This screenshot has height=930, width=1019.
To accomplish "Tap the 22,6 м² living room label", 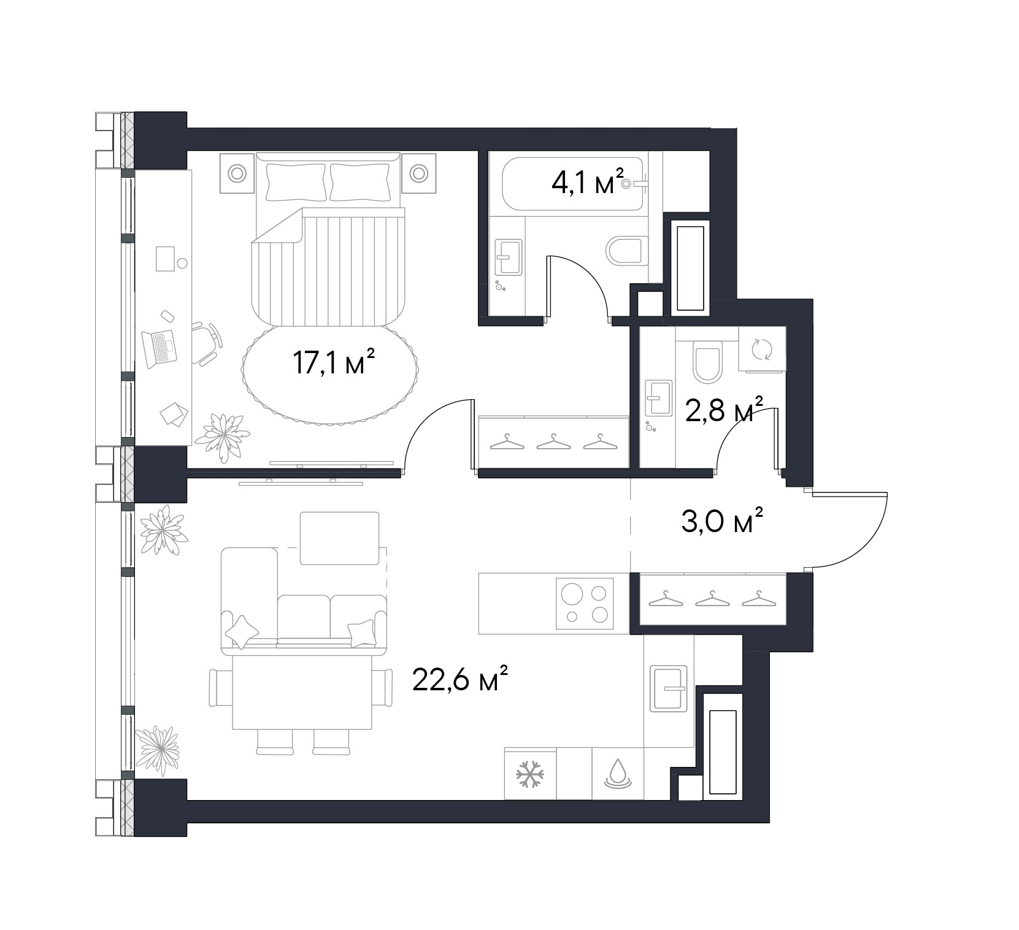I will (x=460, y=681).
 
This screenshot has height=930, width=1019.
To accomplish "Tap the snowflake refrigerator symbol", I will (x=529, y=774).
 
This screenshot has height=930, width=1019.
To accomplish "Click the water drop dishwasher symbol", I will (x=617, y=774).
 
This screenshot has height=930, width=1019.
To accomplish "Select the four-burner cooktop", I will (x=585, y=604).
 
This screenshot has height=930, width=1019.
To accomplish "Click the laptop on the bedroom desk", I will (x=159, y=348).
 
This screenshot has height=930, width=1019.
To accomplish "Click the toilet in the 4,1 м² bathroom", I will (x=626, y=251).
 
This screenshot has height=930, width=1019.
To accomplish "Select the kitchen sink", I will (x=669, y=688).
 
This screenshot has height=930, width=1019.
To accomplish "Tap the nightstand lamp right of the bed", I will (x=419, y=173).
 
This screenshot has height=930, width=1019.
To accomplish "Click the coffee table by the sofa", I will (x=339, y=538).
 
